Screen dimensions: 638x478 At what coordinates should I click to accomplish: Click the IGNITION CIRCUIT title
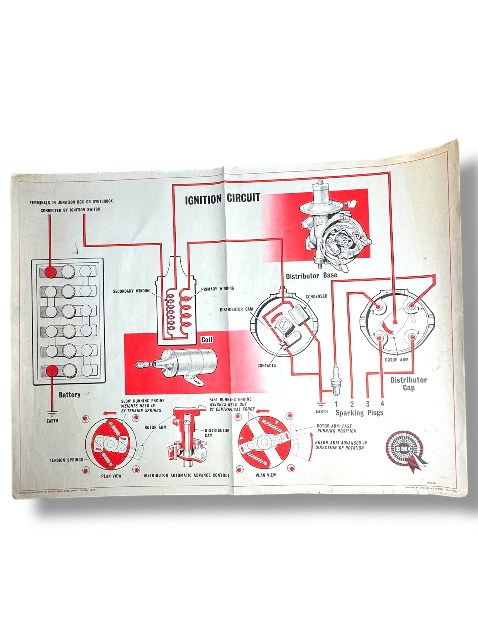(x=222, y=199)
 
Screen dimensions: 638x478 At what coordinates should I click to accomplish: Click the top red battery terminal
(x=51, y=272)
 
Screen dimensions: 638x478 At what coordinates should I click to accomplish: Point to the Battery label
(x=69, y=395)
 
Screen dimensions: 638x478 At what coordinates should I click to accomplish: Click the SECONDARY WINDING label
(x=132, y=291)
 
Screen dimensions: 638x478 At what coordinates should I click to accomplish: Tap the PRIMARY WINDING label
(x=217, y=288)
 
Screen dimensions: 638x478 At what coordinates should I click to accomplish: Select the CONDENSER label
(x=316, y=296)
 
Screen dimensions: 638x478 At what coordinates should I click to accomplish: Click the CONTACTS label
(x=267, y=366)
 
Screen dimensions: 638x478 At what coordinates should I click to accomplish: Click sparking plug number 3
(x=368, y=404)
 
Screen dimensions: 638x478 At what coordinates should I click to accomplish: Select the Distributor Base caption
(x=312, y=275)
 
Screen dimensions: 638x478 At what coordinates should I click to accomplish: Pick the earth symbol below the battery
(x=52, y=414)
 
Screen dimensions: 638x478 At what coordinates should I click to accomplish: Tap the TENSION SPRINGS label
(x=66, y=460)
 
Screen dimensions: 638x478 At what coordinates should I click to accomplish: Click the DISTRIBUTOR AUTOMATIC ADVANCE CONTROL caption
(x=187, y=475)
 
